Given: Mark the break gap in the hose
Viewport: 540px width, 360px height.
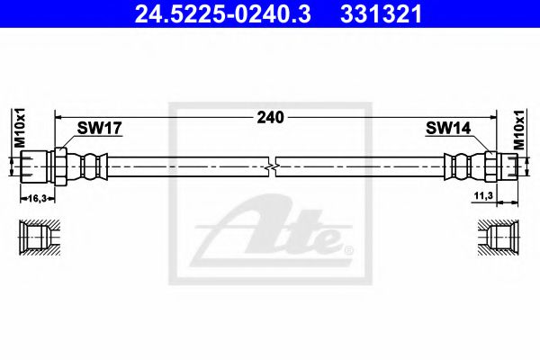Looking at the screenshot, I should coord(273,166).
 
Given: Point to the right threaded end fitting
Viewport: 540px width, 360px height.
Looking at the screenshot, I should coord(509,166).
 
